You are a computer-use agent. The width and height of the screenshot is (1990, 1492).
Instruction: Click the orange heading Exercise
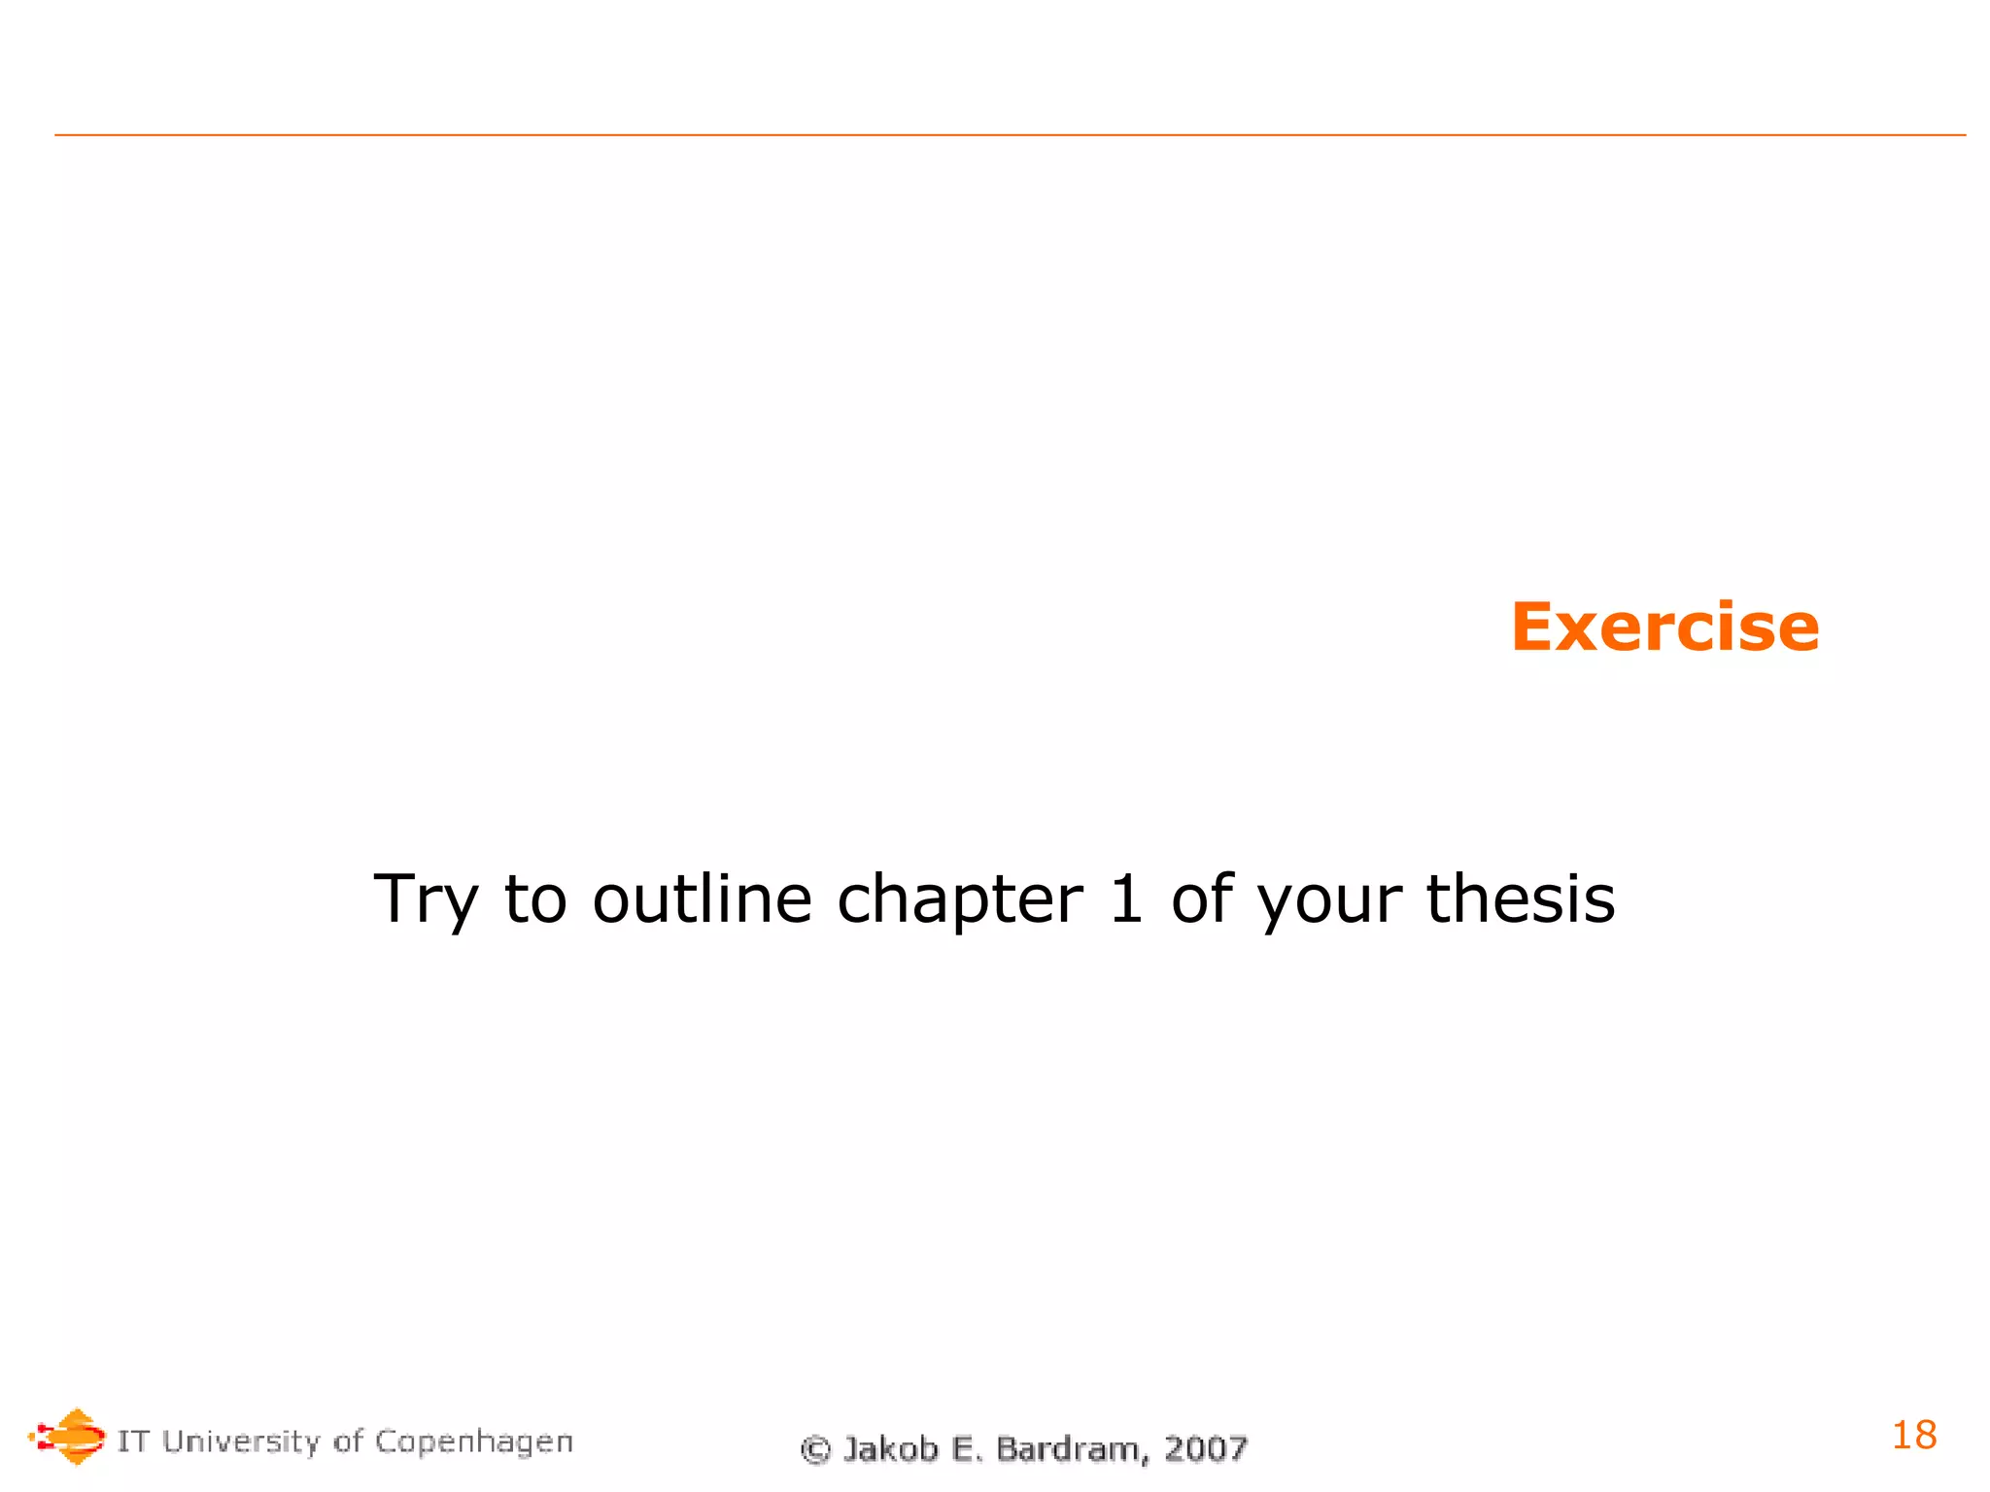[1664, 627]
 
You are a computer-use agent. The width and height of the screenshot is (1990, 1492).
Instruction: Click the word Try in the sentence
[426, 900]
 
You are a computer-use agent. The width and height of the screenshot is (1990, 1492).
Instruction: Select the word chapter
[959, 900]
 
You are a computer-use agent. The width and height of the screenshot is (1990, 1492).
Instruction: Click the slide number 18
[1913, 1435]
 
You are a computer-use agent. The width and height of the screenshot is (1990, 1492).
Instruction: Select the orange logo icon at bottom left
[68, 1436]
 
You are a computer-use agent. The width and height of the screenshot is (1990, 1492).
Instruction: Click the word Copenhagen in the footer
[474, 1442]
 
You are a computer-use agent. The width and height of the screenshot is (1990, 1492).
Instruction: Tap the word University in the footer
[241, 1441]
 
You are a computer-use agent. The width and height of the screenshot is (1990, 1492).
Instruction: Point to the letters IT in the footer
[133, 1441]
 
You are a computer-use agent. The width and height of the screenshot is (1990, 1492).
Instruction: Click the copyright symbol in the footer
[815, 1450]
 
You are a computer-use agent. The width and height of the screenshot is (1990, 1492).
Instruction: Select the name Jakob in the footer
[890, 1448]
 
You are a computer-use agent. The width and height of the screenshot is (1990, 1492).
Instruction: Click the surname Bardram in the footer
[1067, 1448]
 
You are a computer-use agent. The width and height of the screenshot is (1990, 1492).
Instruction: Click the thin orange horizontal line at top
[1010, 135]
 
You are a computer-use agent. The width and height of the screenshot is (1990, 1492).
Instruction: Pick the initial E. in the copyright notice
[965, 1448]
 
